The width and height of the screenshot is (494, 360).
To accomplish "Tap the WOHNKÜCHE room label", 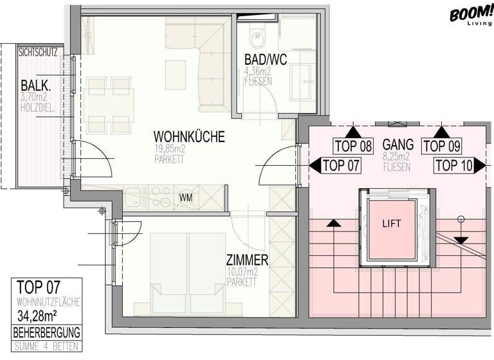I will (188, 137).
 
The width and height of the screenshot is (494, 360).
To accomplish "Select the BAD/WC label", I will (265, 60).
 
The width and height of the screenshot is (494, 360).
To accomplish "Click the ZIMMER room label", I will (247, 260).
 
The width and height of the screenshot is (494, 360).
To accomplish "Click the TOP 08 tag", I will (353, 146).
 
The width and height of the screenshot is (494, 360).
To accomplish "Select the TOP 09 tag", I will (443, 146).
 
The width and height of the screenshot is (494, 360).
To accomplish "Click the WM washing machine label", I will (186, 197).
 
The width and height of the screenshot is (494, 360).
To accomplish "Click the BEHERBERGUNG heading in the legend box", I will (47, 332).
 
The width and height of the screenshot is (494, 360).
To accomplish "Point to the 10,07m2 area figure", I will (242, 273).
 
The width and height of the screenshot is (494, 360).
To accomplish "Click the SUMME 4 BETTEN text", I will (47, 347).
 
